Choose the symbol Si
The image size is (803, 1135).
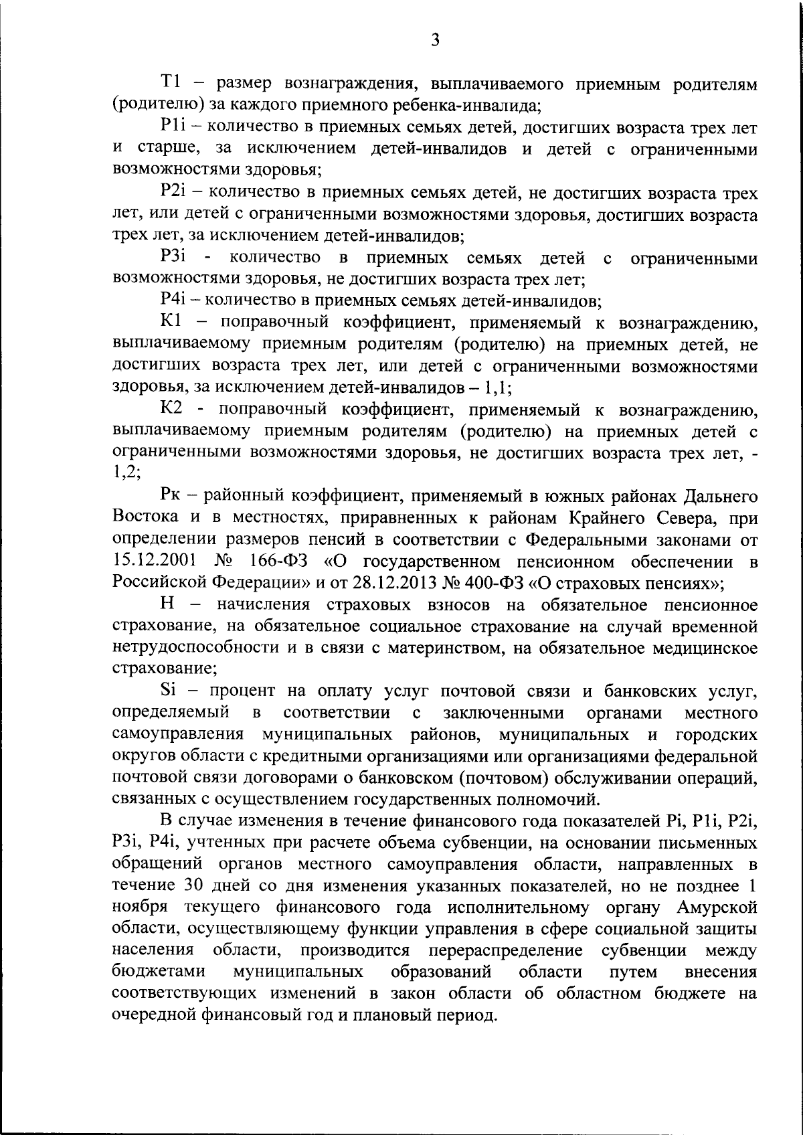(x=169, y=689)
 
